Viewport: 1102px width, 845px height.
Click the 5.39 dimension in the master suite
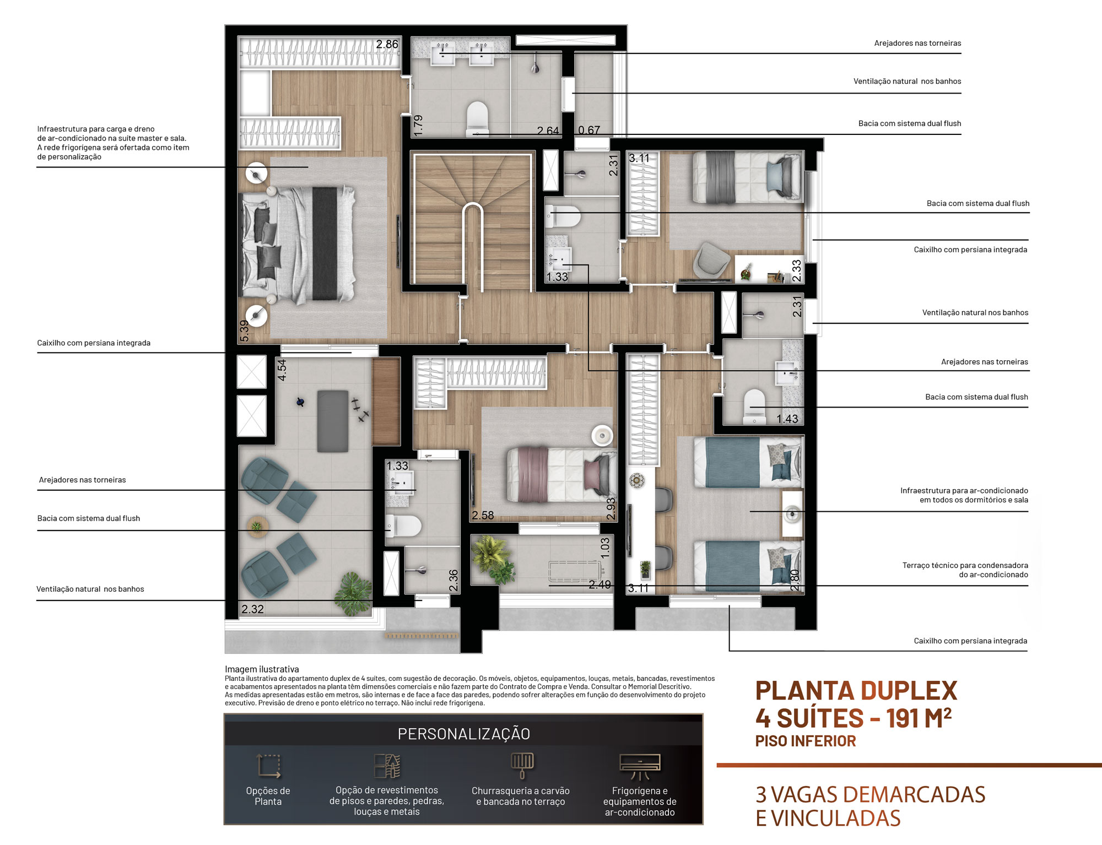244,331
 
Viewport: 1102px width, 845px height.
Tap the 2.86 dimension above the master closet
387,44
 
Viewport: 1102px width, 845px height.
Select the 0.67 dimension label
589,130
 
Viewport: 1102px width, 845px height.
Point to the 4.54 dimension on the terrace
282,370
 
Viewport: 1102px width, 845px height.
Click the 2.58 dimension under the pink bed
483,515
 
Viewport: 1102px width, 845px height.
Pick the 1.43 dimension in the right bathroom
787,419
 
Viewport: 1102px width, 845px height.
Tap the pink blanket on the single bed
533,474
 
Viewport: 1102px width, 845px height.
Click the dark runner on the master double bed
325,243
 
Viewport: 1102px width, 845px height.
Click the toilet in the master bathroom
477,117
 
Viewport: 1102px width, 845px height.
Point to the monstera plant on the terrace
353,593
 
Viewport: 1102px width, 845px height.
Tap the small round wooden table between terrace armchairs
257,526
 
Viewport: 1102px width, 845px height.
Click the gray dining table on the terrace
333,421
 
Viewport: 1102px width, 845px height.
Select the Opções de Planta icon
269,766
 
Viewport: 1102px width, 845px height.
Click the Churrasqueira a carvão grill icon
522,765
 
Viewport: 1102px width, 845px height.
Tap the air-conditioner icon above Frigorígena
640,766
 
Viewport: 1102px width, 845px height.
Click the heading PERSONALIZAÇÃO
464,734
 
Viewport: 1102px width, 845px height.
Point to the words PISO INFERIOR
806,741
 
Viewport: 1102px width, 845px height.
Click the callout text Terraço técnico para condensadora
965,565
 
